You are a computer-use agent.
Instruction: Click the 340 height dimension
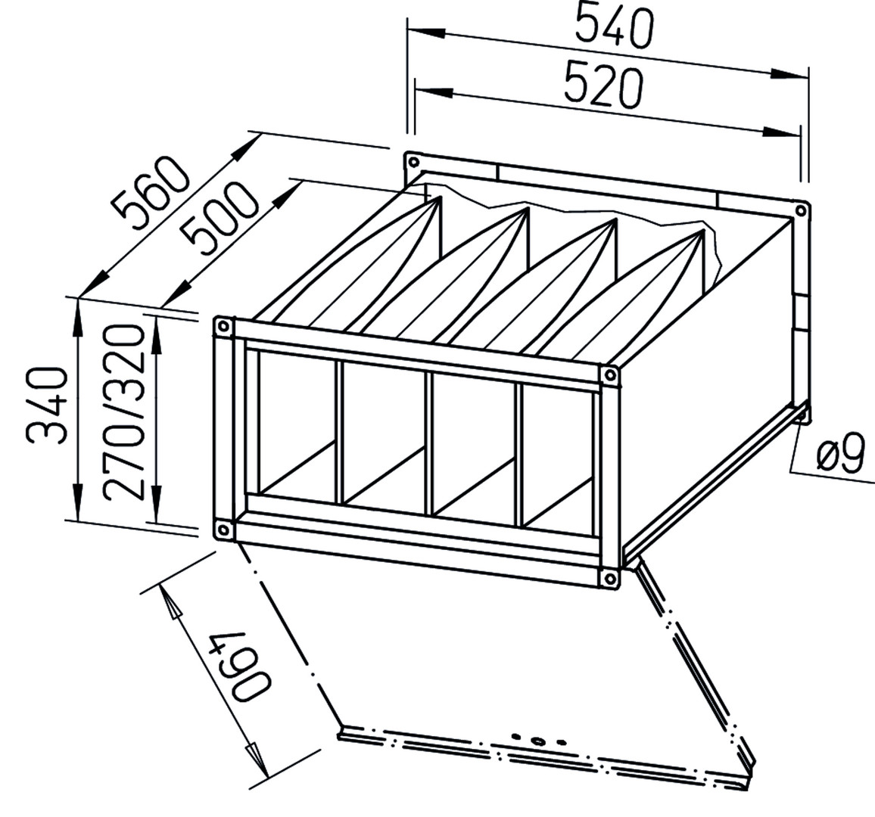pyautogui.click(x=47, y=404)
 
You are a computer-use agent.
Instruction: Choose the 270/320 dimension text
pyautogui.click(x=124, y=412)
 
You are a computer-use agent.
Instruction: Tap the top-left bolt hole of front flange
pyautogui.click(x=224, y=326)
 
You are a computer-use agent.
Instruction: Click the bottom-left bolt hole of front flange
pyautogui.click(x=223, y=530)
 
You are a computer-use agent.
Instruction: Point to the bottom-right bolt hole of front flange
pyautogui.click(x=609, y=577)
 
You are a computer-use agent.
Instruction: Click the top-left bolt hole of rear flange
pyautogui.click(x=413, y=163)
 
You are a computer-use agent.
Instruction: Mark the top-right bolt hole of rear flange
pyautogui.click(x=802, y=210)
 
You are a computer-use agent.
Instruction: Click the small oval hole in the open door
pyautogui.click(x=537, y=741)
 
